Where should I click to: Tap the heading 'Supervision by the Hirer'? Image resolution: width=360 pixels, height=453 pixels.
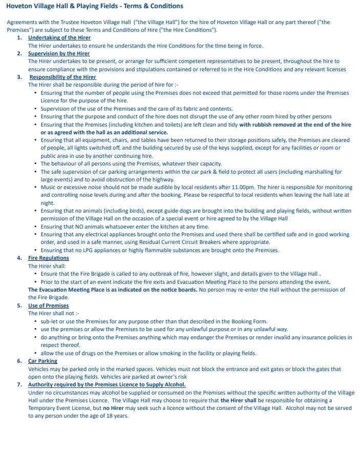59,53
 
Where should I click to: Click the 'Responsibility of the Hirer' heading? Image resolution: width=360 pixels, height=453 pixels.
62,77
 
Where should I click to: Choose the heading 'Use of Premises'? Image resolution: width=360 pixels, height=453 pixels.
48,305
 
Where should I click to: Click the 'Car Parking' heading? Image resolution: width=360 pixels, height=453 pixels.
43,361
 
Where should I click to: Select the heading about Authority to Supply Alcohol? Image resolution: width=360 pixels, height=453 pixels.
107,384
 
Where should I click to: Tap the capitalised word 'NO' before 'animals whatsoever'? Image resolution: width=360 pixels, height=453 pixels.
71,226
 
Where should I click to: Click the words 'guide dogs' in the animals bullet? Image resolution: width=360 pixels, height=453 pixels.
170,211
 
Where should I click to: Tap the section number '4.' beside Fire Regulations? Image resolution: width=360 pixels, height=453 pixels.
19,258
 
